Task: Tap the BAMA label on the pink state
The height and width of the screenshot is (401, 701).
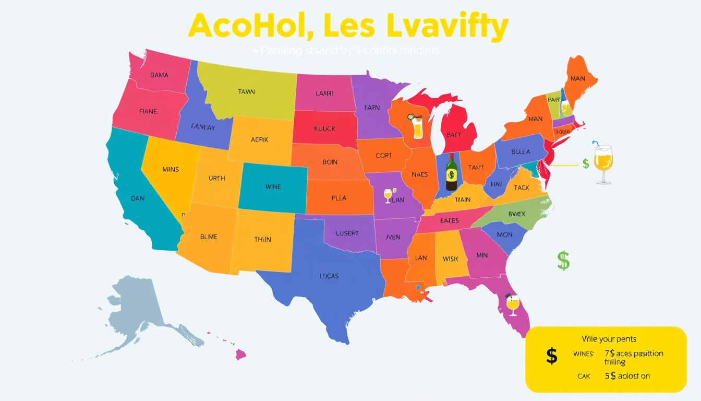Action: [x=159, y=75]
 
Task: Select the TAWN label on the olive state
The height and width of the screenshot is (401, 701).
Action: [x=247, y=92]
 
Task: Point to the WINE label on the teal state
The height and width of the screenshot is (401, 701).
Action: [x=273, y=186]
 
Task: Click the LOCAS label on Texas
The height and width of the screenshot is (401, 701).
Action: [x=329, y=276]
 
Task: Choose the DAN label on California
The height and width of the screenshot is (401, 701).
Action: [x=138, y=198]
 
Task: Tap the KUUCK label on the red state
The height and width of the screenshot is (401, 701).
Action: [x=324, y=128]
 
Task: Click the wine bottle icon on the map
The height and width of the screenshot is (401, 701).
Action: [x=451, y=172]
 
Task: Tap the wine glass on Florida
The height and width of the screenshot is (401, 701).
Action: [x=513, y=304]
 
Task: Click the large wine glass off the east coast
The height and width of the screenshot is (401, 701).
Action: [x=603, y=163]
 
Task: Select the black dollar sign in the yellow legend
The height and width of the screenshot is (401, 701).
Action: [x=551, y=356]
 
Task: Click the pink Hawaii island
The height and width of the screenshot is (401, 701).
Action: [x=240, y=355]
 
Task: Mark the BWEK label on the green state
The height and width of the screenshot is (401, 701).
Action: [x=516, y=214]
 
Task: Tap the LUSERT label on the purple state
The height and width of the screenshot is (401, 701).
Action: [x=347, y=233]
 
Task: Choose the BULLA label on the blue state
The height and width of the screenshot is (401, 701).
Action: [x=520, y=152]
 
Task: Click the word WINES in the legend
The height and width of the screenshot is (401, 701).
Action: [x=583, y=354]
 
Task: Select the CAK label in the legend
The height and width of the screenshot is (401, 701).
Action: [x=583, y=376]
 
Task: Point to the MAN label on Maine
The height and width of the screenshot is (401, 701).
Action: [x=577, y=79]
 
